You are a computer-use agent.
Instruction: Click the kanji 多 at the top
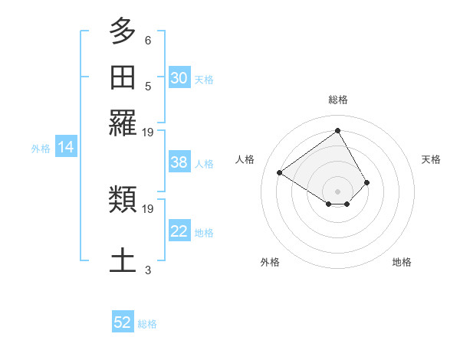(123, 32)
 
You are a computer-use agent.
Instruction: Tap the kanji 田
(123, 78)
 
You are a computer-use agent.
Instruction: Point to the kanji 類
(123, 200)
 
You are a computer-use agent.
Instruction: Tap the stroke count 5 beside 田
(148, 87)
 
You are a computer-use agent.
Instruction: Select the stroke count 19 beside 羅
(148, 133)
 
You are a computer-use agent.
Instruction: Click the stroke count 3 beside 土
(148, 270)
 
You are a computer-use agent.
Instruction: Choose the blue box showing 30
(179, 78)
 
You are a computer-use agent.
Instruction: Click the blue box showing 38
(179, 162)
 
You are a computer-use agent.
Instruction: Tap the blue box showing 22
(179, 231)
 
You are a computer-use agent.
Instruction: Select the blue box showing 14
(66, 147)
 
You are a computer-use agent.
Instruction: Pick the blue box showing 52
(123, 322)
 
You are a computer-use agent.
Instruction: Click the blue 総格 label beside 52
(147, 324)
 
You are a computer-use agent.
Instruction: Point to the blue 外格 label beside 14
(41, 149)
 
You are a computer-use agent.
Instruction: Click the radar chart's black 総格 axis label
(337, 100)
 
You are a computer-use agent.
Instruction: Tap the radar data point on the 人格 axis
(280, 172)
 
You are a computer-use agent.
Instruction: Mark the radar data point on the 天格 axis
(367, 182)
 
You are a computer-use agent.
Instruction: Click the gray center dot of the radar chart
(337, 191)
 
